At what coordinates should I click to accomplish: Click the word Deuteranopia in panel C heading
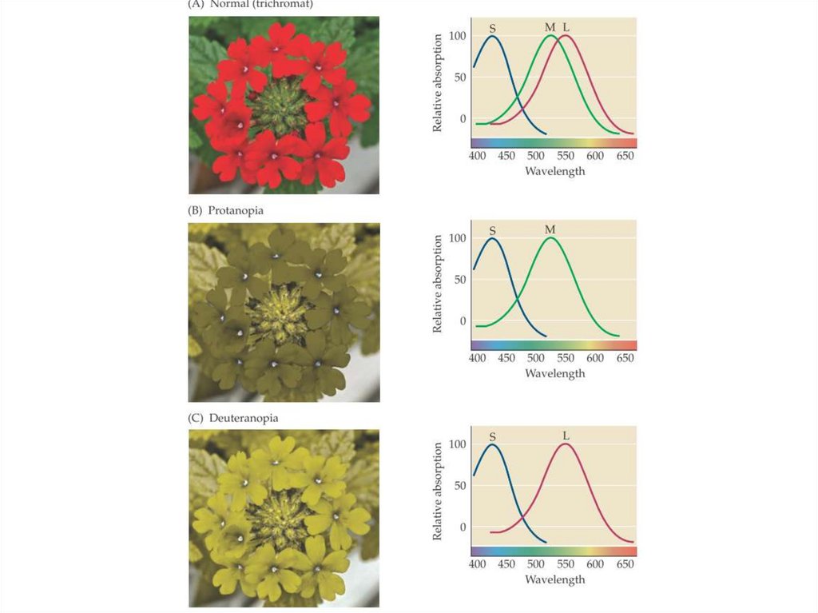243,418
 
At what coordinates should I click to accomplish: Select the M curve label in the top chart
550,27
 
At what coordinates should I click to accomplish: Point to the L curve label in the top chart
566,27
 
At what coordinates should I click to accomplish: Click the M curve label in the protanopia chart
550,229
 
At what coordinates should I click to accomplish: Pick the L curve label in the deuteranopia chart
566,436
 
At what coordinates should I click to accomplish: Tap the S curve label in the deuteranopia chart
492,436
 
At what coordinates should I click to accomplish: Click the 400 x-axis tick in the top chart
477,156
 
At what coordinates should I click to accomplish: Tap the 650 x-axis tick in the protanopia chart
625,358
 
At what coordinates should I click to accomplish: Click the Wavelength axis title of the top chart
555,171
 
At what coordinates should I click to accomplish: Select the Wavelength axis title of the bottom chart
555,579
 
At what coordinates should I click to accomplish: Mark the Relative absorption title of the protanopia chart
438,284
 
